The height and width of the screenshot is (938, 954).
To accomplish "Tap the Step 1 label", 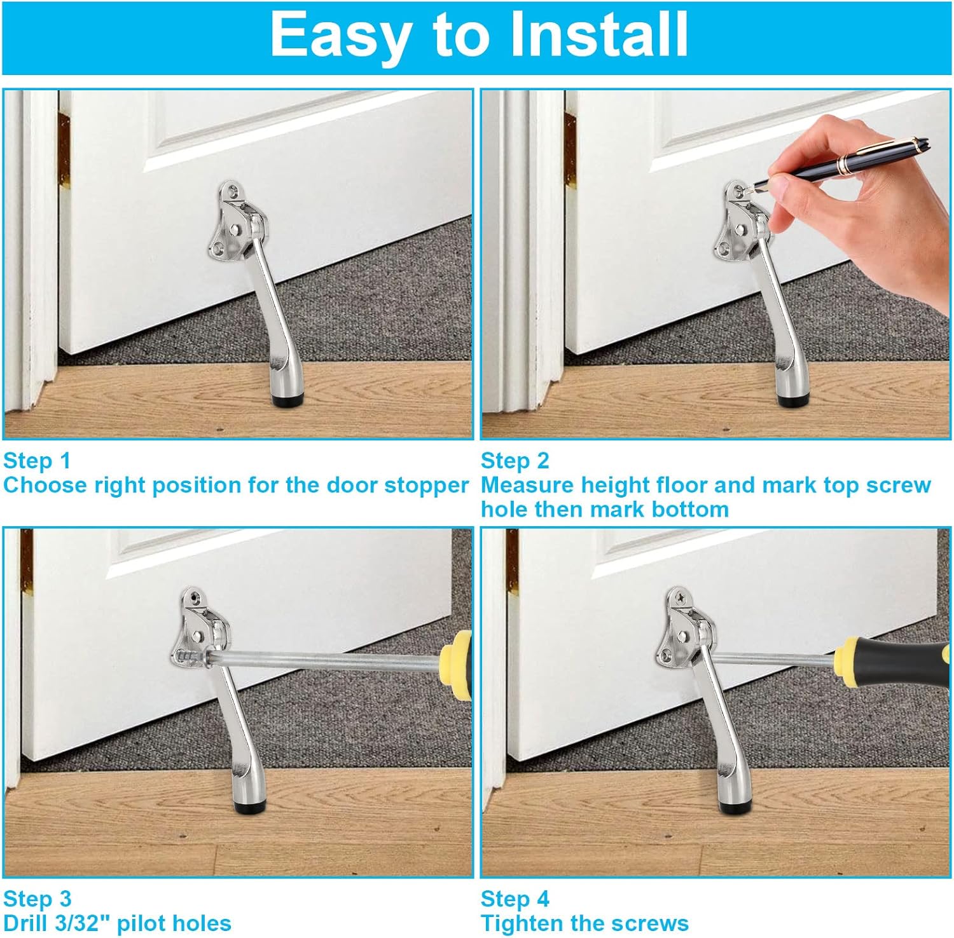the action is [37, 461].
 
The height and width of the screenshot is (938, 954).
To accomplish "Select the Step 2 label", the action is [515, 461].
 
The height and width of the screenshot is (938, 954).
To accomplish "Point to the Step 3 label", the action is [38, 899].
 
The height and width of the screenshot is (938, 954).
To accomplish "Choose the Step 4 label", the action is [515, 899].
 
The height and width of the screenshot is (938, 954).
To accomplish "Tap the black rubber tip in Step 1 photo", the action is [289, 400].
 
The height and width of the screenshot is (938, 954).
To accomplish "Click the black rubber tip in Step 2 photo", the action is [794, 400].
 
